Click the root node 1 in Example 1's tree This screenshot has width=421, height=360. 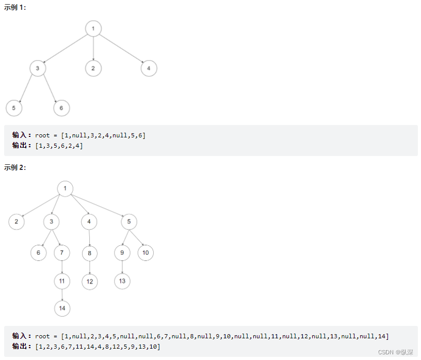click(x=93, y=28)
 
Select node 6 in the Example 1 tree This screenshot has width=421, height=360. click(x=61, y=108)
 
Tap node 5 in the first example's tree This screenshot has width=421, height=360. click(x=14, y=108)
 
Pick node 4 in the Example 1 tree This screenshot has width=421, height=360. click(x=149, y=68)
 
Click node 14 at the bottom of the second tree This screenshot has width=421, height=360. click(x=62, y=308)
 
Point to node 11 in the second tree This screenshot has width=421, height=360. click(x=62, y=281)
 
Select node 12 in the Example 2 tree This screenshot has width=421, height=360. click(x=90, y=281)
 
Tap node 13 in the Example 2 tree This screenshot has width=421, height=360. click(x=122, y=281)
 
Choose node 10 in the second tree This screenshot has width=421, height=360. click(x=145, y=253)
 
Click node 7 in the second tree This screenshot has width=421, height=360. click(x=62, y=253)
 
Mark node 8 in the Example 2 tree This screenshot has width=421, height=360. click(x=90, y=253)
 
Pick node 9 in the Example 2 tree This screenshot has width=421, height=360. click(x=122, y=253)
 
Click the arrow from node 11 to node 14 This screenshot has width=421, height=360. click(x=62, y=294)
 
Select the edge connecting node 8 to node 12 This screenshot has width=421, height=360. click(x=90, y=267)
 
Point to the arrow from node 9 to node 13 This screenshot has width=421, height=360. click(x=122, y=267)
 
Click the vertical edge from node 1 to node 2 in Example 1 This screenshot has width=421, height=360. click(x=93, y=49)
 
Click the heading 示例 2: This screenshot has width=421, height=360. click(x=15, y=167)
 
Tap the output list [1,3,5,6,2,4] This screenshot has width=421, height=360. click(x=59, y=146)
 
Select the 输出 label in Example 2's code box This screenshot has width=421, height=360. click(x=22, y=347)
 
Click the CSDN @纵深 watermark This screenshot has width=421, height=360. click(x=395, y=352)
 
